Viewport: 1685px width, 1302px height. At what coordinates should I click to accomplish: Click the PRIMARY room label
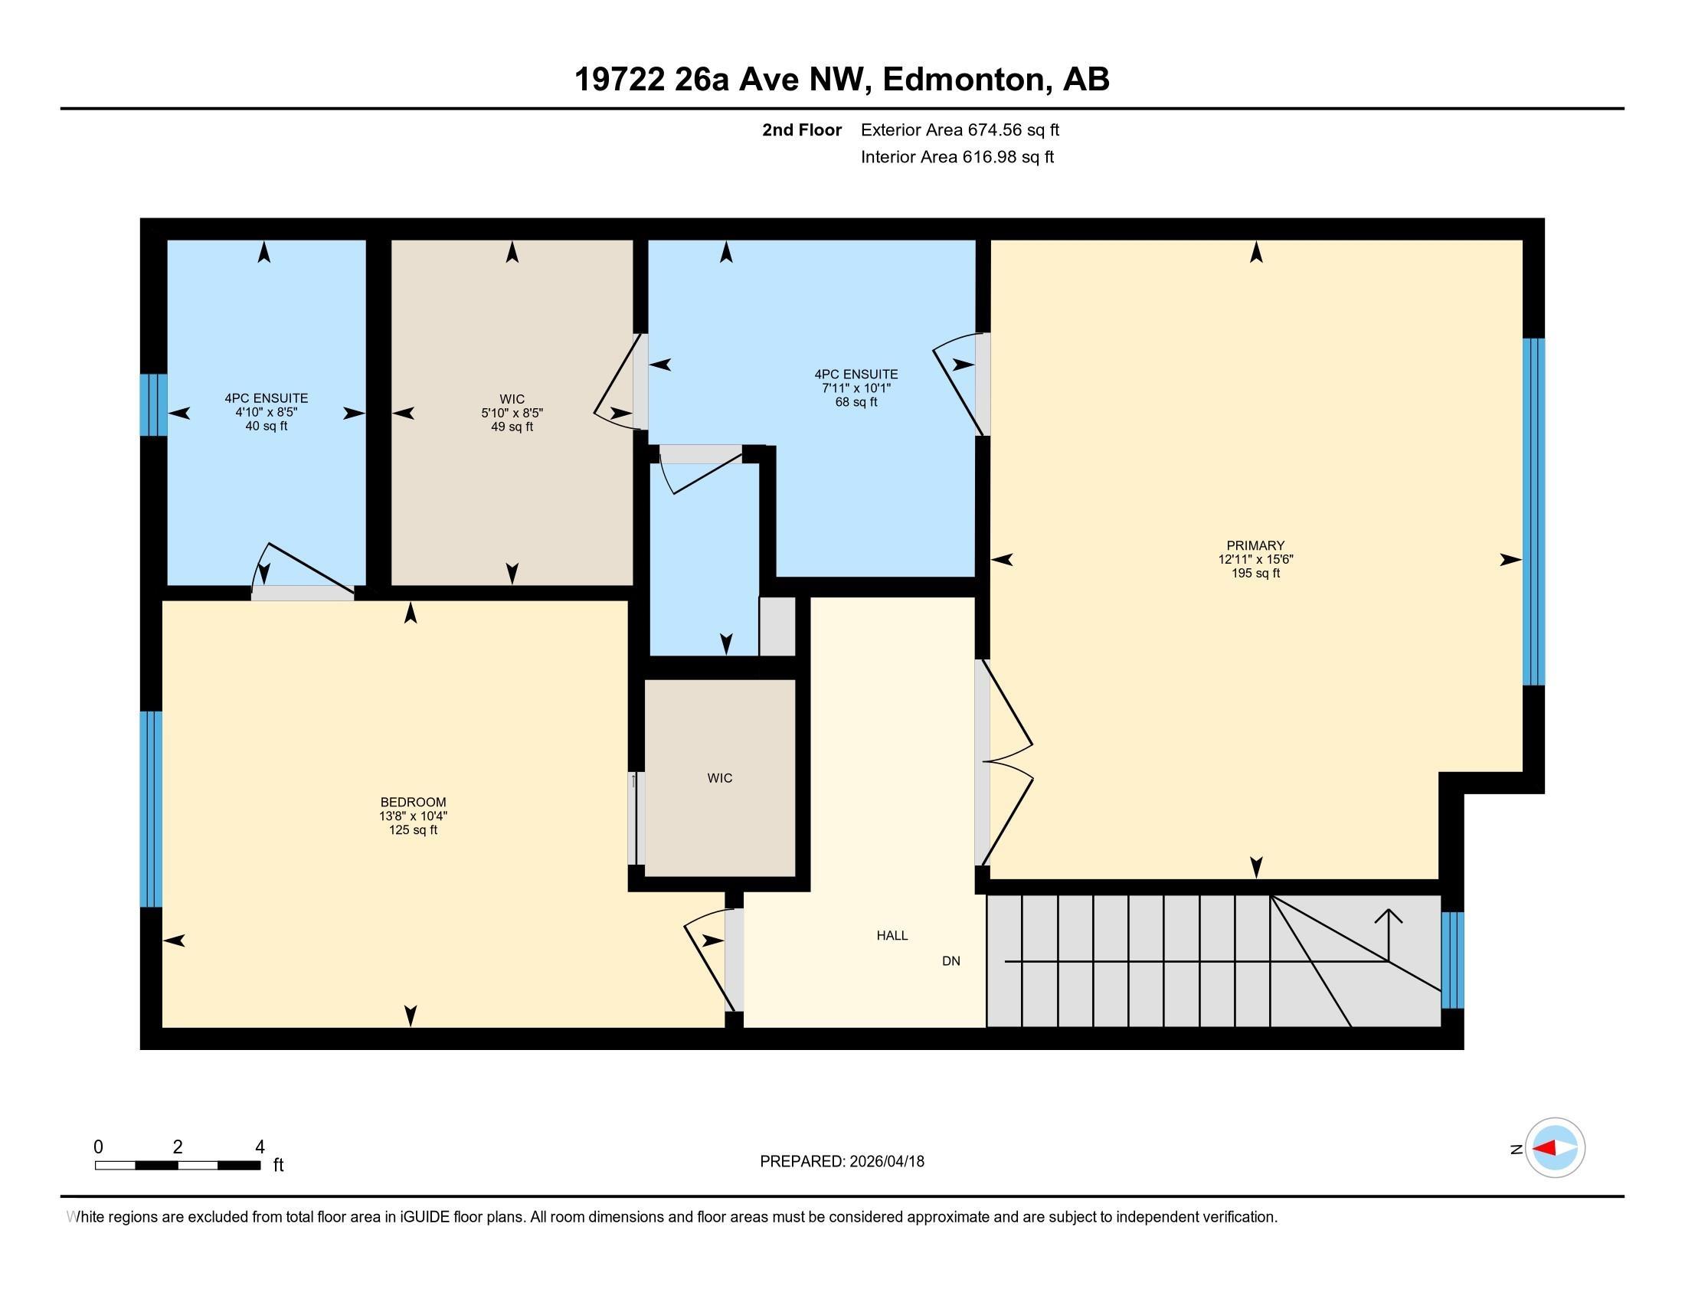click(x=1255, y=545)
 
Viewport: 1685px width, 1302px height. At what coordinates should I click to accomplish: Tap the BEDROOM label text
click(x=413, y=802)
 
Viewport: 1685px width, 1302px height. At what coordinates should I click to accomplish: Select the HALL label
click(x=892, y=936)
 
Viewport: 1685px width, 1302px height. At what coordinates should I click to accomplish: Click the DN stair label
click(x=951, y=961)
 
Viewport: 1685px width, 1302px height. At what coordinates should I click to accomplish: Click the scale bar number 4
click(x=260, y=1147)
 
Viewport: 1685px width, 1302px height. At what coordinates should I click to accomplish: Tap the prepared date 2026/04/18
click(x=885, y=1161)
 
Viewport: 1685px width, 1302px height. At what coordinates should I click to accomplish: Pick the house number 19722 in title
click(x=620, y=79)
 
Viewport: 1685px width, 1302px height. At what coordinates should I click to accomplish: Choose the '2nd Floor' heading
click(x=802, y=129)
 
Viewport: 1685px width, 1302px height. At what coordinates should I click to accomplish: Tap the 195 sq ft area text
click(x=1255, y=573)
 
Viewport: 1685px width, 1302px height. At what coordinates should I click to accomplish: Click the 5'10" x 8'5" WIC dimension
click(x=512, y=413)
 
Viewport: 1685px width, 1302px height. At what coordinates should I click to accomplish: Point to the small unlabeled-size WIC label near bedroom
click(x=720, y=778)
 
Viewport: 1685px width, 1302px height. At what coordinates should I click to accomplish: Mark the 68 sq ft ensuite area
click(x=856, y=402)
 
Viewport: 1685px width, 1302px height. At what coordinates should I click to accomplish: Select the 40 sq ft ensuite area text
click(x=267, y=426)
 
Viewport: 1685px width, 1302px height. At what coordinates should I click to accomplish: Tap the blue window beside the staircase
click(x=1452, y=960)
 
